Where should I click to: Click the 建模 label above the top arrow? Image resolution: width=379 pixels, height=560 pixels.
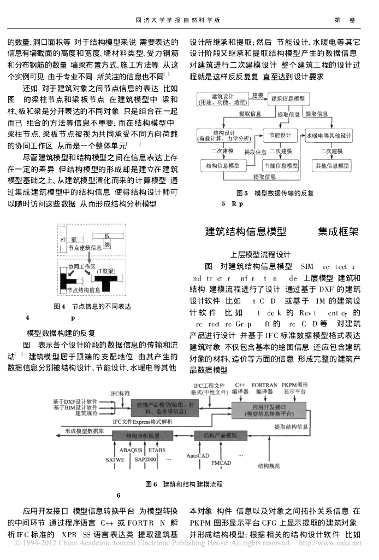pyautogui.click(x=258, y=95)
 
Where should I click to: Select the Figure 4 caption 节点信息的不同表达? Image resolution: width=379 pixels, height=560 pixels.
pyautogui.click(x=102, y=307)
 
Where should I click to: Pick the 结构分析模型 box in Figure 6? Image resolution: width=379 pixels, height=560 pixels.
pyautogui.click(x=143, y=436)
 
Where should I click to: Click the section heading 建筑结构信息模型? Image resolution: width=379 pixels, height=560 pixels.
pyautogui.click(x=245, y=231)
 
